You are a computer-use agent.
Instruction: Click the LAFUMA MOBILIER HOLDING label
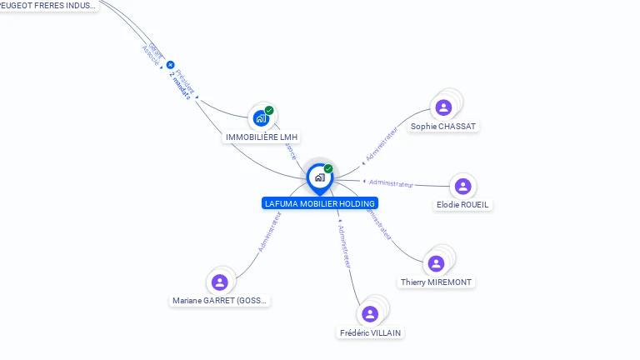pos(319,203)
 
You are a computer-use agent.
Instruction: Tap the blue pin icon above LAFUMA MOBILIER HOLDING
pos(319,177)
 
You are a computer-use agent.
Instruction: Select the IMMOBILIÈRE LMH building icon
pos(261,117)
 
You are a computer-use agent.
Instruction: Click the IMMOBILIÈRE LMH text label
pos(262,137)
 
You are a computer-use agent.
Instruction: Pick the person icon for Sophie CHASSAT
pos(443,107)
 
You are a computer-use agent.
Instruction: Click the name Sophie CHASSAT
pos(443,127)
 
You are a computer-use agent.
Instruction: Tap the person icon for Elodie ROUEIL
pos(463,186)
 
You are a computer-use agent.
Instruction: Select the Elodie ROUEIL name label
pos(463,205)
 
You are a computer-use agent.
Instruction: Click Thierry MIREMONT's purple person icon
pos(436,263)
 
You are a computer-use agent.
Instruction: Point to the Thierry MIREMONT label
pos(436,282)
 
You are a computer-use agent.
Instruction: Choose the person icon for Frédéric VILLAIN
pos(370,313)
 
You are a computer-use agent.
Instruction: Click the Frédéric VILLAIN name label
pos(370,332)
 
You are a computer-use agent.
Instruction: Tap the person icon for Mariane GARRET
pos(220,282)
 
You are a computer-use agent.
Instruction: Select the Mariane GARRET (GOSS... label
pos(220,301)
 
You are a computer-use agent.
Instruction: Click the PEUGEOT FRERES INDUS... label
pos(48,5)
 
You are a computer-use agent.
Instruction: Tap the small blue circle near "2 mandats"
pos(171,64)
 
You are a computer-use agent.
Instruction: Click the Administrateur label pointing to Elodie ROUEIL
pos(391,183)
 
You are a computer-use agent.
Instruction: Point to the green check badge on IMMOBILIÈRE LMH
pos(269,110)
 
